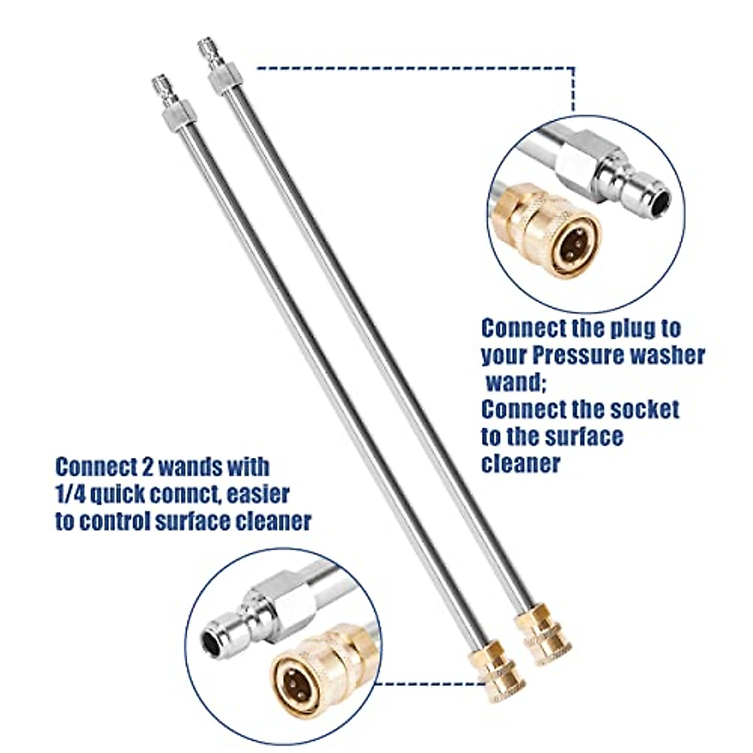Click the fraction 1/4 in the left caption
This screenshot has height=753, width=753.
(x=69, y=494)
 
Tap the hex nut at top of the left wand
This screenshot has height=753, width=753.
(x=171, y=118)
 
